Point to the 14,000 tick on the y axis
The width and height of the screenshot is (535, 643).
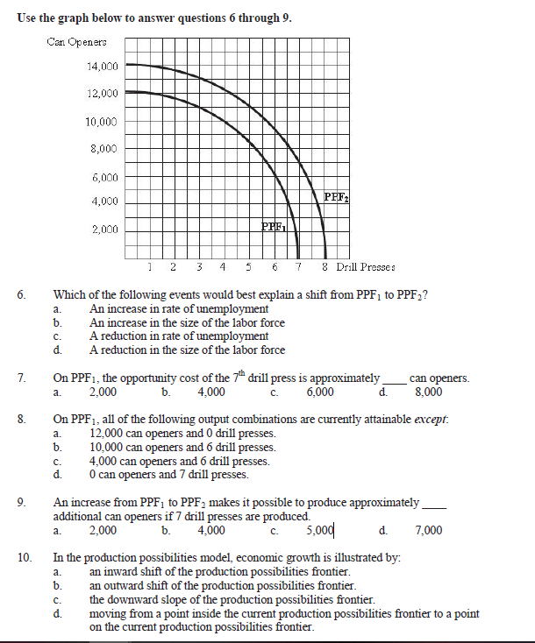[x=103, y=66]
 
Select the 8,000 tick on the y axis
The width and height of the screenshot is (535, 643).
[x=103, y=148]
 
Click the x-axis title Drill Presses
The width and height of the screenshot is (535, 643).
[x=364, y=266]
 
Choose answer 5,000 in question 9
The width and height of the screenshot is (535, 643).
[x=320, y=529]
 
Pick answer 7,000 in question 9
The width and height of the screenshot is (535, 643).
[x=428, y=529]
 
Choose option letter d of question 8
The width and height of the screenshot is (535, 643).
[x=56, y=475]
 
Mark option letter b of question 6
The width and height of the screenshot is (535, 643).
[x=56, y=323]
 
